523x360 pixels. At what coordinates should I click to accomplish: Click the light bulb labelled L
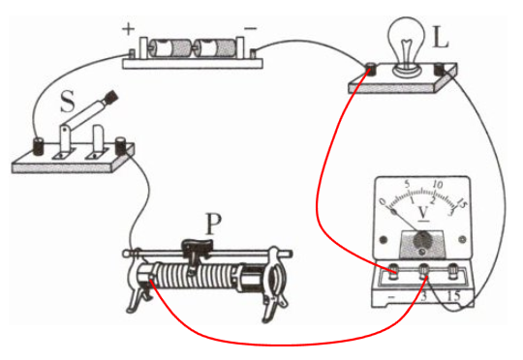pyautogui.click(x=406, y=47)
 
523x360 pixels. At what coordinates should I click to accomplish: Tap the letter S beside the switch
pyautogui.click(x=68, y=101)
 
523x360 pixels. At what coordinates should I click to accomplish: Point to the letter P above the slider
pyautogui.click(x=213, y=224)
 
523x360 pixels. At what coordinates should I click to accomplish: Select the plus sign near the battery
pyautogui.click(x=128, y=29)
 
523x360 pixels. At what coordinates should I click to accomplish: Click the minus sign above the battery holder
pyautogui.click(x=251, y=29)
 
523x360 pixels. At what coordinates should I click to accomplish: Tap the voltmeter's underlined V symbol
pyautogui.click(x=423, y=213)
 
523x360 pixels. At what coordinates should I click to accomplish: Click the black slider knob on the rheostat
pyautogui.click(x=198, y=247)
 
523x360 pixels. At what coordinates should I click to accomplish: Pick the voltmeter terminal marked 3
pyautogui.click(x=424, y=270)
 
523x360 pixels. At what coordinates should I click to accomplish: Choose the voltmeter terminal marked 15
pyautogui.click(x=453, y=270)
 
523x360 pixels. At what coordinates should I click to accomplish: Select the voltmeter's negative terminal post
pyautogui.click(x=393, y=270)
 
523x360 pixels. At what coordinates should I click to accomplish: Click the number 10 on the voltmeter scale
pyautogui.click(x=437, y=184)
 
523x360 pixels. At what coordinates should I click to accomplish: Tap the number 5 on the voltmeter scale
pyautogui.click(x=407, y=184)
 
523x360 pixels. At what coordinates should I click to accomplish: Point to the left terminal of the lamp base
pyautogui.click(x=370, y=69)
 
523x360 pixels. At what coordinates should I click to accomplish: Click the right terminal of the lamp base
pyautogui.click(x=441, y=69)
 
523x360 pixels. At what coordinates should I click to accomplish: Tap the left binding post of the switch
pyautogui.click(x=39, y=146)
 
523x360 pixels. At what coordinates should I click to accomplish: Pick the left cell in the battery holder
pyautogui.click(x=169, y=48)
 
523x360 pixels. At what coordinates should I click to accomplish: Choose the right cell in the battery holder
pyautogui.click(x=215, y=48)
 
